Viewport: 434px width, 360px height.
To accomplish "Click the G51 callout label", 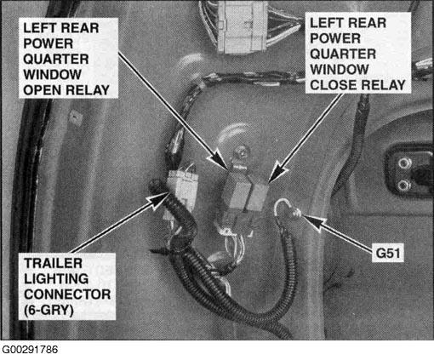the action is tap(388, 253).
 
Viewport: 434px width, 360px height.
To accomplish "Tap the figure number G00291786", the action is tap(30, 350).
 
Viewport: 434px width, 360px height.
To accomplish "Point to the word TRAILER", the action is tap(53, 263).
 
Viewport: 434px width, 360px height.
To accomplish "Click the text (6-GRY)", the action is tap(49, 310).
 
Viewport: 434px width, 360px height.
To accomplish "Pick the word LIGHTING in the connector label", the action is tap(56, 279).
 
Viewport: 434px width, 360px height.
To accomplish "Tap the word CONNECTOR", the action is tap(67, 294).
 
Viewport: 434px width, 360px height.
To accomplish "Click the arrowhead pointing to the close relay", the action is tap(276, 172).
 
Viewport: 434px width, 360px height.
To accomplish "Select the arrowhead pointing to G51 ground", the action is tap(312, 222).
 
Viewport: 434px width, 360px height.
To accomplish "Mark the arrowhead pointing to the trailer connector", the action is tap(157, 200).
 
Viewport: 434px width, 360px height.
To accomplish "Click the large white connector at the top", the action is tap(242, 26).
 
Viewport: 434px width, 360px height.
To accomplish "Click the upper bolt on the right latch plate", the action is tap(403, 163).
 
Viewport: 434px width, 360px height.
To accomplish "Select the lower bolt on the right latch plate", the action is tap(403, 186).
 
